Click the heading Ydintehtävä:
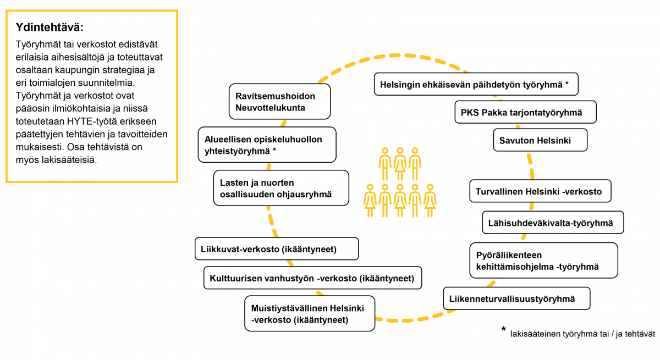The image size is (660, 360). [50, 27]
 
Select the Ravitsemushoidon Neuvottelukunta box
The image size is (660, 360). [279, 102]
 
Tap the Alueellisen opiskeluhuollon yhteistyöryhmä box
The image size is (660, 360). [267, 145]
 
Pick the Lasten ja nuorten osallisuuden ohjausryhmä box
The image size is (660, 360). [281, 188]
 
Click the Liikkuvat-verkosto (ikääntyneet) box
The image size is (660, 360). [277, 249]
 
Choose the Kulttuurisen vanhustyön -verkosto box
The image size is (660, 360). [312, 278]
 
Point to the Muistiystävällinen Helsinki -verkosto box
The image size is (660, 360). [310, 313]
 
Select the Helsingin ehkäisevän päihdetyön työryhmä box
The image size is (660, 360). [476, 84]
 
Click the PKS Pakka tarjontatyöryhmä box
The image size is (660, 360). [526, 112]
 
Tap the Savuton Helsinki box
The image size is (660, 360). [540, 140]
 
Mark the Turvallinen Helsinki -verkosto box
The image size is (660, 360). [540, 191]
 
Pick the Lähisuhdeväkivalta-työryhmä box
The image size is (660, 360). [553, 223]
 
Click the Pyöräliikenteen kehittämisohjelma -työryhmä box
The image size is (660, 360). [543, 261]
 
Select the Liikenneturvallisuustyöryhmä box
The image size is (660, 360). [516, 298]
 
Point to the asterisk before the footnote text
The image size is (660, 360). [504, 329]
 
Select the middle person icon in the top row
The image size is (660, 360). [400, 164]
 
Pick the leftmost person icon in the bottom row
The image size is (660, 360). [370, 201]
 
